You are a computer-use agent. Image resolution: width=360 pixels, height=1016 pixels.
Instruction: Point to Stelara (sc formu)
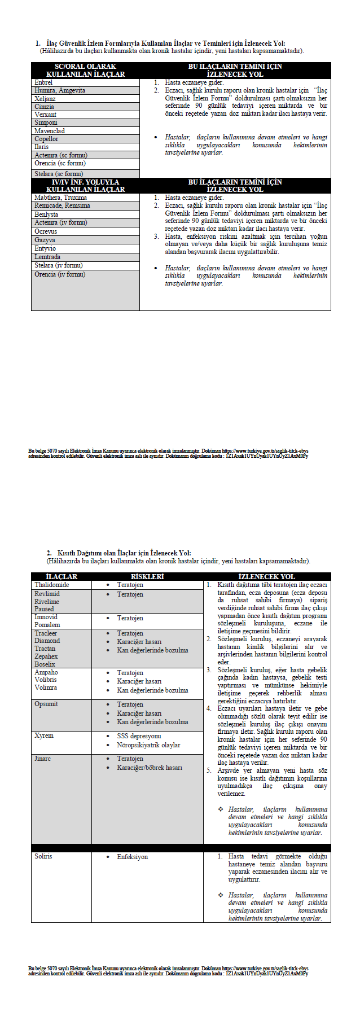59,174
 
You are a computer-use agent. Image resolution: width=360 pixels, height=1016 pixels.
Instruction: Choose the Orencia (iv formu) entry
60,274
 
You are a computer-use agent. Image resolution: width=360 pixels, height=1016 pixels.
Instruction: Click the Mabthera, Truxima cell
60,198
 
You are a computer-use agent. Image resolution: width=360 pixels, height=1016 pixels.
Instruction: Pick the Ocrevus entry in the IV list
46,231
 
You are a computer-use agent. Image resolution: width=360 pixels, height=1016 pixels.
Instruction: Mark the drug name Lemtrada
47,257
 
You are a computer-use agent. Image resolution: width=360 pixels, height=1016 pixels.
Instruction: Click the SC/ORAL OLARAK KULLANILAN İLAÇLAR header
85,71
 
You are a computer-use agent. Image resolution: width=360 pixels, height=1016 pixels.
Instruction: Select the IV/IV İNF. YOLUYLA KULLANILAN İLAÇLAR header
85,186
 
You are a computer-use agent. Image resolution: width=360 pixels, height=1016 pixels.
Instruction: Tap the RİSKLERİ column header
147,576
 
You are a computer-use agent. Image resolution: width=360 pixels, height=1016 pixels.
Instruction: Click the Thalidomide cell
52,585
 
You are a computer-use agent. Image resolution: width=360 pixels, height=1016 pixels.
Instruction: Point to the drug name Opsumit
46,704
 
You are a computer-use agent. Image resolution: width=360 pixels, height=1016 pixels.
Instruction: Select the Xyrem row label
44,735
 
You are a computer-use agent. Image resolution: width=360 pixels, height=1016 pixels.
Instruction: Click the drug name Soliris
43,856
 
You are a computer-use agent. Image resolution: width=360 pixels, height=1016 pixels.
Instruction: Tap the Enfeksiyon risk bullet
132,857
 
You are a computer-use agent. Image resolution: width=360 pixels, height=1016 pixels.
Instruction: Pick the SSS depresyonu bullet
139,736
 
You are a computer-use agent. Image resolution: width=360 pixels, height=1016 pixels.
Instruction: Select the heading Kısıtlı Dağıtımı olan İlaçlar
124,553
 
